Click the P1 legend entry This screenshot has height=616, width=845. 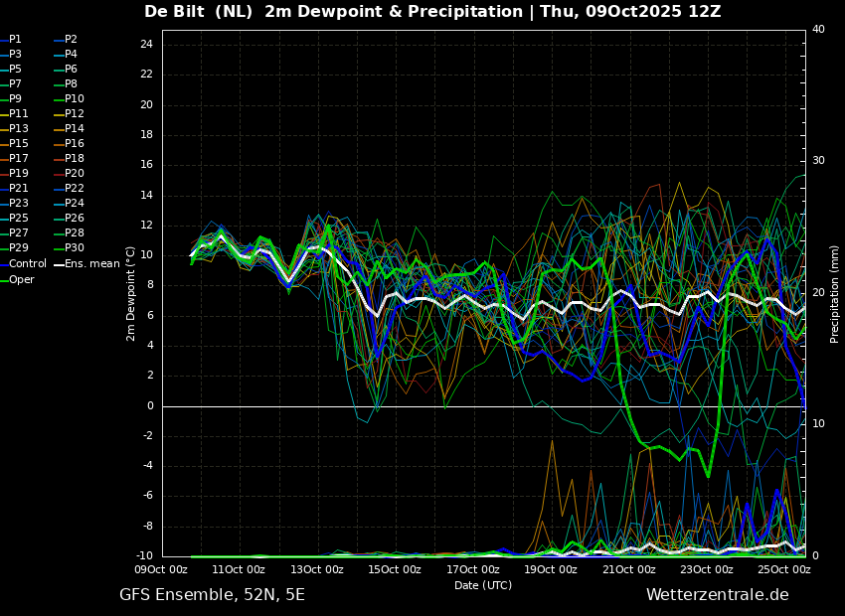pos(11,40)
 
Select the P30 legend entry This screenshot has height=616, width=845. pos(70,248)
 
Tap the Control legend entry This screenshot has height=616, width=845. pos(24,264)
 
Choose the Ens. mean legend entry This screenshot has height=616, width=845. pos(86,264)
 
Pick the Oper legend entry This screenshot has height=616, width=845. pos(17,279)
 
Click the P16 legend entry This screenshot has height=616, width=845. pos(70,144)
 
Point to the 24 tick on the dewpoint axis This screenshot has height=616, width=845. pos(146,44)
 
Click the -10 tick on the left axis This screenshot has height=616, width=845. pos(143,555)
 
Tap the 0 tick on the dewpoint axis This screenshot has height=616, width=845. pos(150,406)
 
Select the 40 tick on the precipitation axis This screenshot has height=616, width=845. pos(818,29)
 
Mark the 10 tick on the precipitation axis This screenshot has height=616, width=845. pos(818,424)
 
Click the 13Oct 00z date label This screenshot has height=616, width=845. pos(316,569)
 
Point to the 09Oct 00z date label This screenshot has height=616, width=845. pos(161,569)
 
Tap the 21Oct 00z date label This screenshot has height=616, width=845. pos(628,569)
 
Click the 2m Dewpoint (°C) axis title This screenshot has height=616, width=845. pos(130,294)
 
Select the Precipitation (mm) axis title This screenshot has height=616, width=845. pos(835,301)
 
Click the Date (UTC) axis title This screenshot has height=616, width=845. pos(483,585)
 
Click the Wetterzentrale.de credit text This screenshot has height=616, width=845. pos(718,595)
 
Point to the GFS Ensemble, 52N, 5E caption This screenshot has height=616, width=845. pos(212,595)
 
